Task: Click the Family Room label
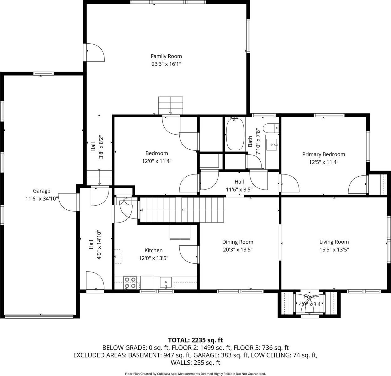(x=166, y=56)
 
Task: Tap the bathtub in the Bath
(x=235, y=134)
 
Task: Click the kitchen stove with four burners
(x=130, y=282)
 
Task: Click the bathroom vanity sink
(x=272, y=145)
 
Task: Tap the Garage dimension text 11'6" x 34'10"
(x=42, y=198)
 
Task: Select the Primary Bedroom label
(x=323, y=154)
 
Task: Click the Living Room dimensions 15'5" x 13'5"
(x=334, y=250)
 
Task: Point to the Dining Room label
(x=238, y=242)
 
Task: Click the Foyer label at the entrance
(x=310, y=297)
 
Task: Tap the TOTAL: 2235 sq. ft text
(x=195, y=340)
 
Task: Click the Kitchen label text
(x=153, y=250)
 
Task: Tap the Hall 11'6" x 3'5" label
(x=239, y=189)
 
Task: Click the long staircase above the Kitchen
(x=182, y=210)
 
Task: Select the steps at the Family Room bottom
(x=170, y=106)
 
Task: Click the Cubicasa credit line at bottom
(x=195, y=374)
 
